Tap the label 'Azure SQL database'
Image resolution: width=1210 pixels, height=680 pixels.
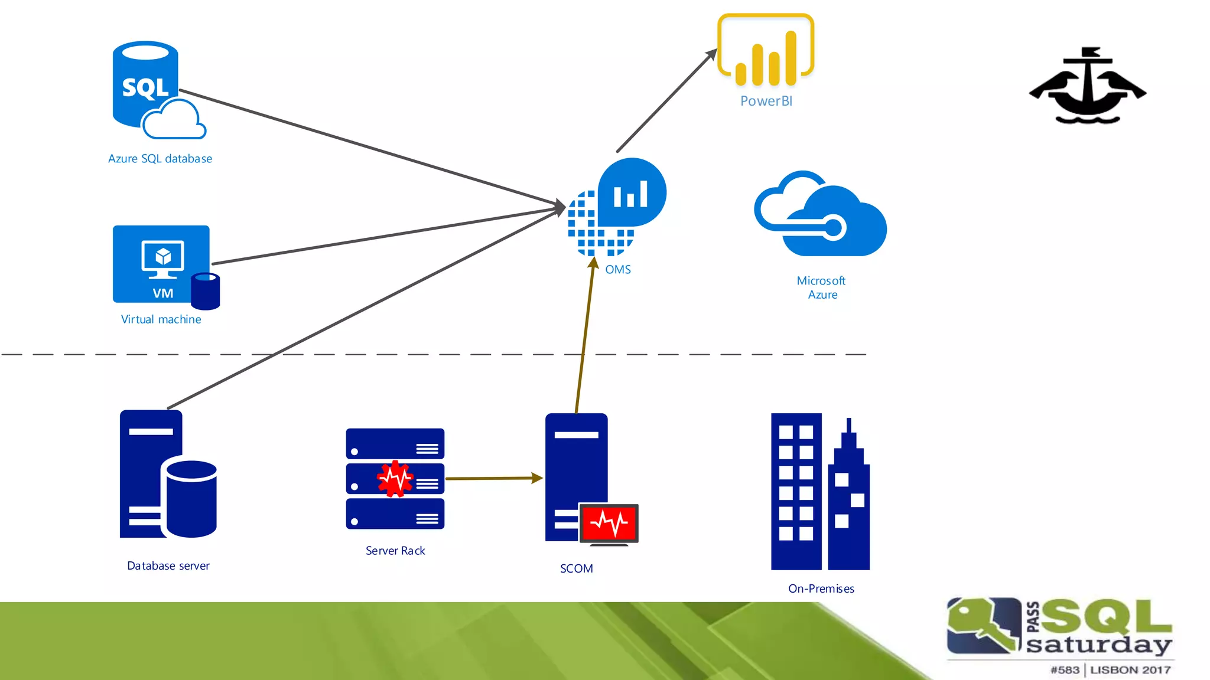[160, 159]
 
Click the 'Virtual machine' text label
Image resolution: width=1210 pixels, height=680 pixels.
[161, 319]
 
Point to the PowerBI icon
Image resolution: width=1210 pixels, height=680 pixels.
[766, 51]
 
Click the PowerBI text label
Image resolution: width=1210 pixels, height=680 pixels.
[766, 101]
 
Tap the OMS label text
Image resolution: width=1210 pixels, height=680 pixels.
[618, 270]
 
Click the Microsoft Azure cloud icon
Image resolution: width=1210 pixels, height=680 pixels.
[821, 215]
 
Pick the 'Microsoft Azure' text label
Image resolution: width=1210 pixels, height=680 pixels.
[822, 287]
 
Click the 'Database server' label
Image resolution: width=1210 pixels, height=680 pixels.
[168, 566]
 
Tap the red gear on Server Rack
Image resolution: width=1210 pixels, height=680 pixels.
[395, 478]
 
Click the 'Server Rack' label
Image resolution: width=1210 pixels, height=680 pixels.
[395, 551]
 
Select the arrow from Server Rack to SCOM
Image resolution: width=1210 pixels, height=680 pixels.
[493, 478]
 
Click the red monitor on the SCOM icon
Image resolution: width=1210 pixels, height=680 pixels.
[609, 523]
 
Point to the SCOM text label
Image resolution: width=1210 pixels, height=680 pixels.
[577, 568]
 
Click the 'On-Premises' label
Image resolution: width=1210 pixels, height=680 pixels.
[821, 589]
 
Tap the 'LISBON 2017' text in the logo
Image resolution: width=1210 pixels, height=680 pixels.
[1130, 670]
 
